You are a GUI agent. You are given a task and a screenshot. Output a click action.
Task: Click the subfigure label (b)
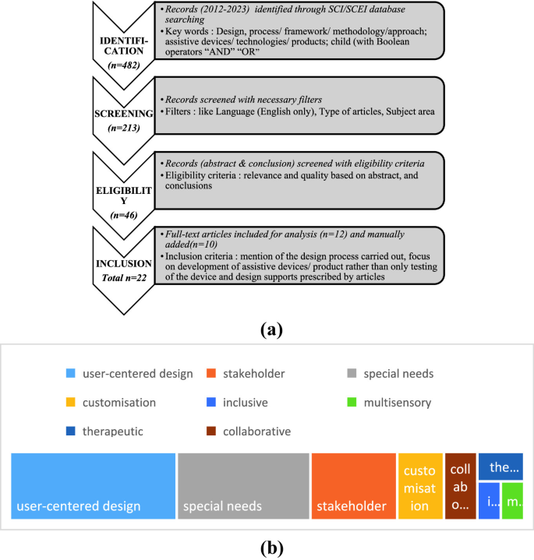268,547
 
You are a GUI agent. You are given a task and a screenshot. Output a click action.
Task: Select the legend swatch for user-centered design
71,373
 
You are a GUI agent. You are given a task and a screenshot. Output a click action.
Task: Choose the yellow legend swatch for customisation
71,403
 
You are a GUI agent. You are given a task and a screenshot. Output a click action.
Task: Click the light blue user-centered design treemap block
94,486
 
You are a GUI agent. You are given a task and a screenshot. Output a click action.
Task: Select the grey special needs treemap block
243,486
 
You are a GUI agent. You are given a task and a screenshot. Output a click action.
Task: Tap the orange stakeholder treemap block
353,486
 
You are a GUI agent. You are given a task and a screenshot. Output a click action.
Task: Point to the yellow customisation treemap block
420,486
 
